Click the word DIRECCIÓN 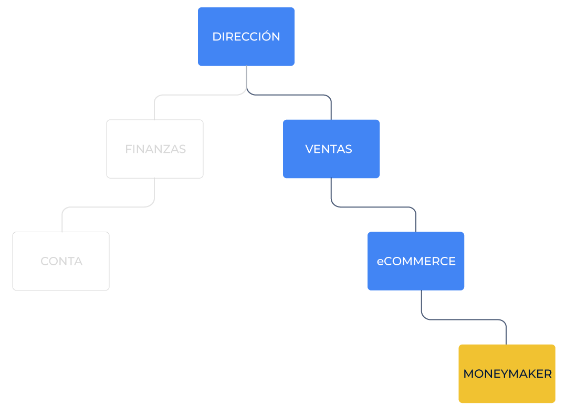click(x=246, y=37)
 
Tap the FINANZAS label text click(x=155, y=149)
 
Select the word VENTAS click(x=329, y=149)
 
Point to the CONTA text click(x=61, y=261)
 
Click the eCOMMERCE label click(x=416, y=261)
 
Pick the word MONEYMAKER click(x=507, y=374)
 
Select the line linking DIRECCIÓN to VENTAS click(x=294, y=95)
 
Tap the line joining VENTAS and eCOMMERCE click(x=373, y=207)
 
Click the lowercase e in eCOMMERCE click(x=380, y=262)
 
